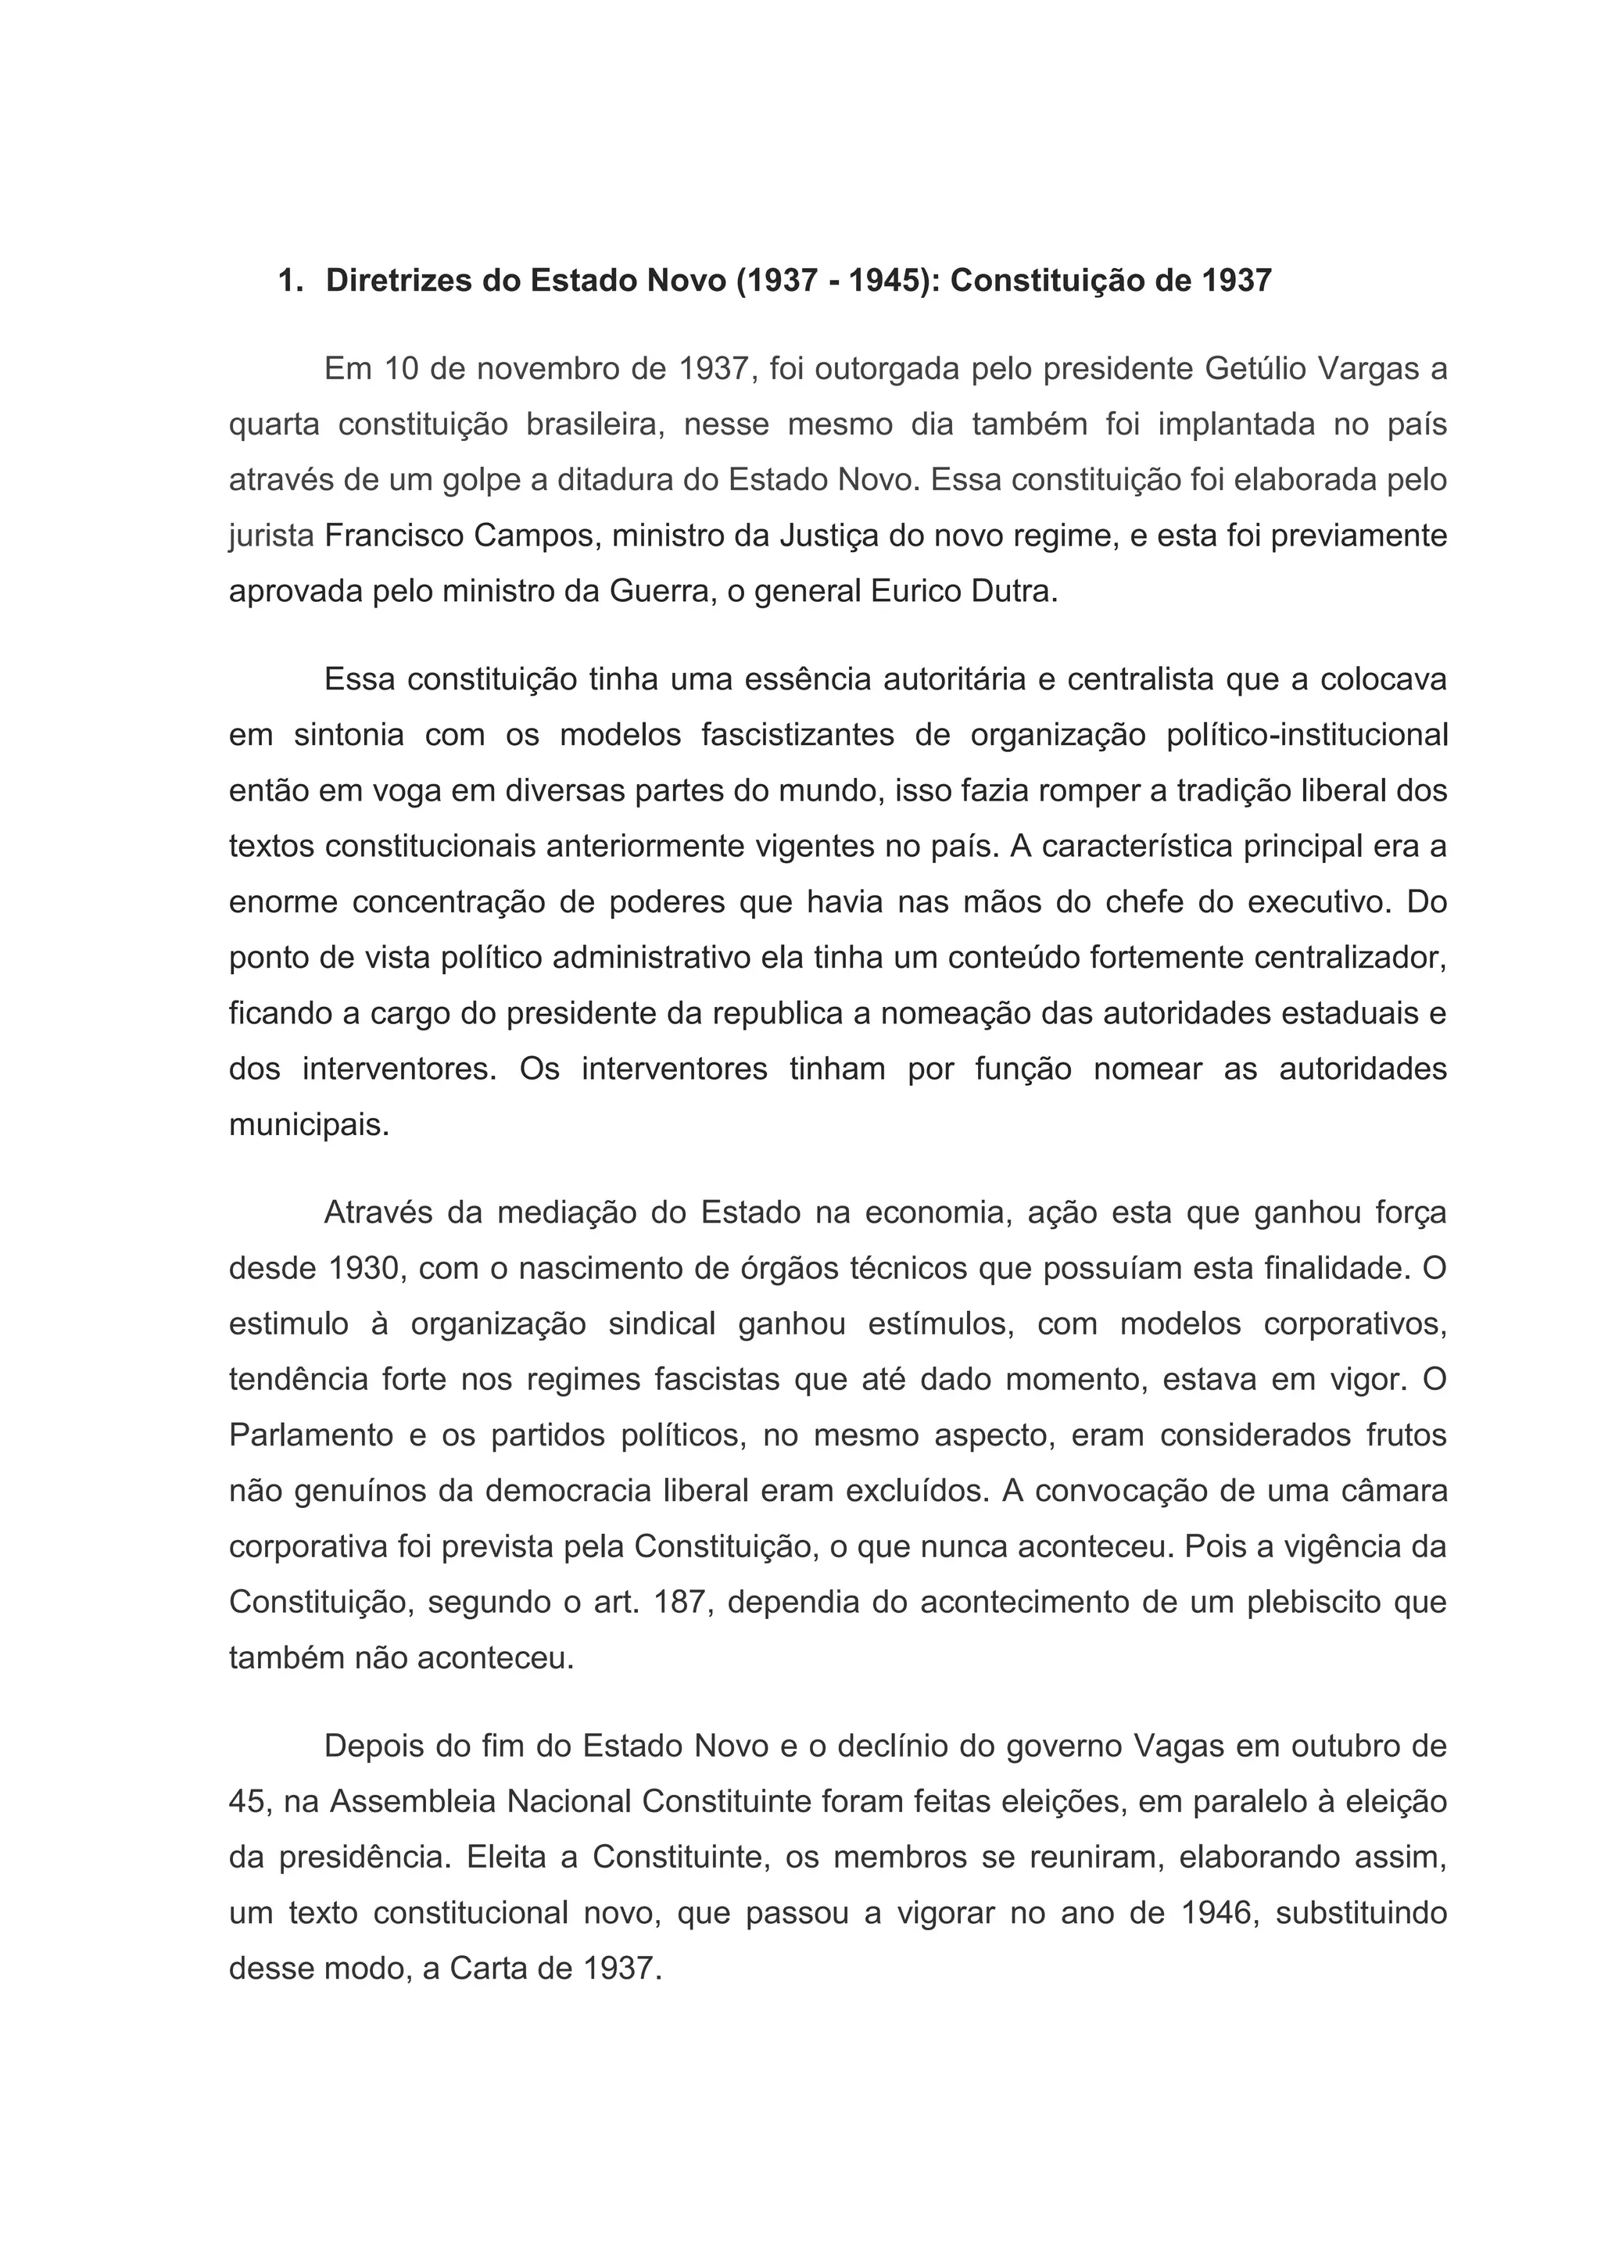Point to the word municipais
(x=309, y=1125)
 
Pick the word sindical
(x=661, y=1324)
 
